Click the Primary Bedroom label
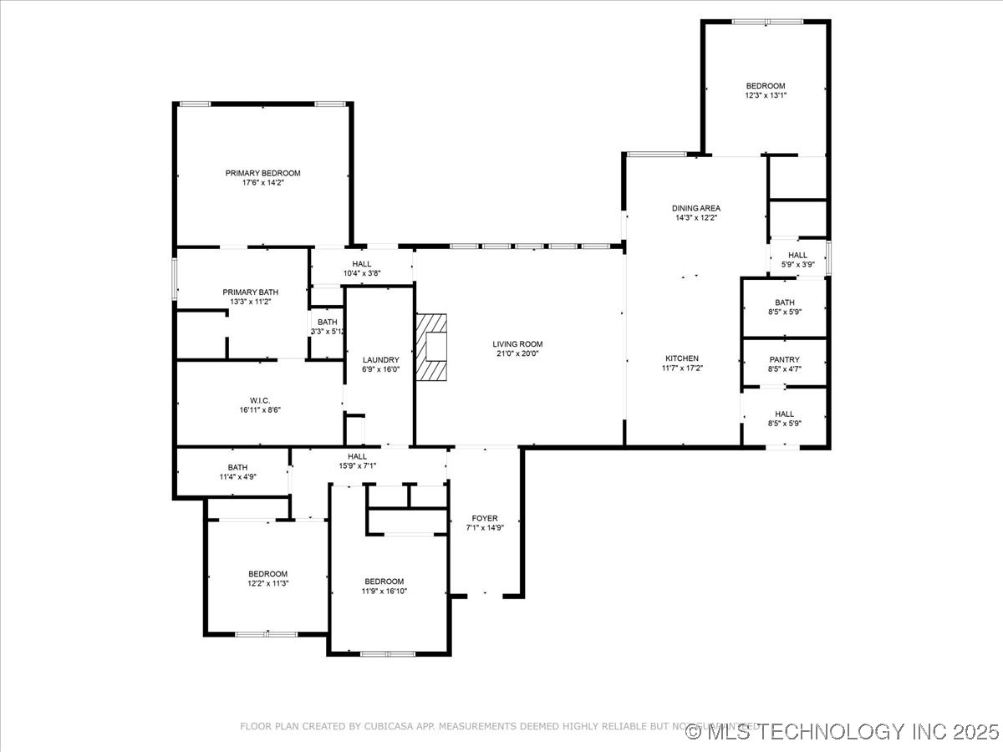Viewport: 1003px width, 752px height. pos(262,173)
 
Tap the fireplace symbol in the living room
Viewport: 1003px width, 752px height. pos(432,347)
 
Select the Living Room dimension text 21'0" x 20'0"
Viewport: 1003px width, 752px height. pos(517,353)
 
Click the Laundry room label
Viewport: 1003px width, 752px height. pos(381,360)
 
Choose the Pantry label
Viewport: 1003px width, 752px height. pos(785,359)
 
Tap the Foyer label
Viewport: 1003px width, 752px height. pos(485,518)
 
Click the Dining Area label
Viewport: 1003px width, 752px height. pos(696,208)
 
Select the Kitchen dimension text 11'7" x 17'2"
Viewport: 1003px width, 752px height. pos(682,368)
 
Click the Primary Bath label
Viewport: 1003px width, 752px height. pos(245,292)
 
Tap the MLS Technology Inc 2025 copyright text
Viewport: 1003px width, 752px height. pos(842,732)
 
